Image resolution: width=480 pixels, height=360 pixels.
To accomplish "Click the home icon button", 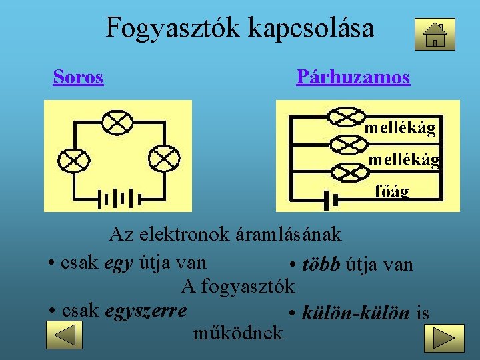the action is [x=435, y=34].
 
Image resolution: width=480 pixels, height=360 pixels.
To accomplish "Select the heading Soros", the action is [x=78, y=77].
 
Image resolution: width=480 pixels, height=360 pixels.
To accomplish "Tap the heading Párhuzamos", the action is [x=353, y=77].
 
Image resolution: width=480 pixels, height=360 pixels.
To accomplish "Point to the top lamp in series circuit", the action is [x=117, y=122].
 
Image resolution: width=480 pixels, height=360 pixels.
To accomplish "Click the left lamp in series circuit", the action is [x=73, y=160].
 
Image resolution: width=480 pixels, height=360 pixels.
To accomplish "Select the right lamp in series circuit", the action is [x=163, y=159].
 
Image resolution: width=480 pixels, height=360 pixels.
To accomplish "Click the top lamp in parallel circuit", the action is [x=347, y=115].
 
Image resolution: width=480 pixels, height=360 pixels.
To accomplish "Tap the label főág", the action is [x=391, y=192].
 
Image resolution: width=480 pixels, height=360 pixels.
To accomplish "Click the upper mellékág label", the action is [x=400, y=127].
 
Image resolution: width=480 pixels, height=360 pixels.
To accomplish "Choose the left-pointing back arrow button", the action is [x=64, y=335].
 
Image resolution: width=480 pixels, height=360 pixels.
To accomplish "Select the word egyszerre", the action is [x=146, y=311].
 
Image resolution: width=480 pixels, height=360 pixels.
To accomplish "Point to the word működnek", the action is [x=237, y=332].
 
